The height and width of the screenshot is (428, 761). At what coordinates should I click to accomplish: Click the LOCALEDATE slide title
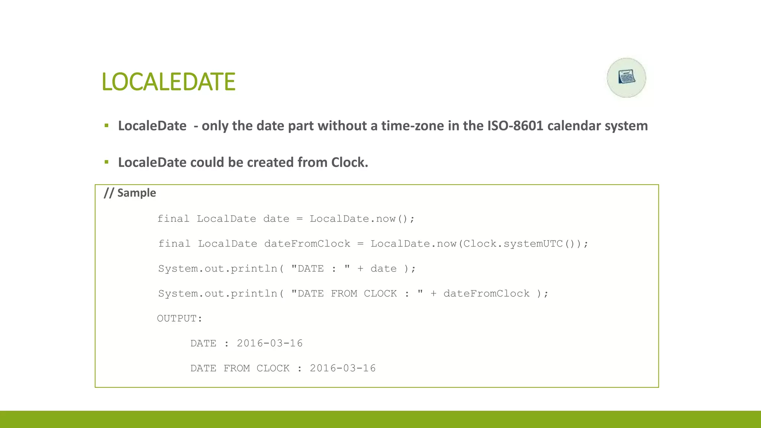[168, 82]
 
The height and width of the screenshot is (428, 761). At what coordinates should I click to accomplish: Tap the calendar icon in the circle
[626, 78]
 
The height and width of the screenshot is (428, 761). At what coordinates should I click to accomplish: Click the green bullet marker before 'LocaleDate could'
[107, 162]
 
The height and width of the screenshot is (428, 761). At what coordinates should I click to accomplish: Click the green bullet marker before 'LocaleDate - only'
[107, 126]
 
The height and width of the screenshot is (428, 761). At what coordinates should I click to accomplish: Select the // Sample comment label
[130, 193]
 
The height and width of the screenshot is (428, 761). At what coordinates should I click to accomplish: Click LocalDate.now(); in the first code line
[362, 219]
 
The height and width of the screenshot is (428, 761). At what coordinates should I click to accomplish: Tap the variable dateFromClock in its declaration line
[307, 244]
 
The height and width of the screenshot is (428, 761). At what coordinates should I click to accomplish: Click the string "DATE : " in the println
[320, 269]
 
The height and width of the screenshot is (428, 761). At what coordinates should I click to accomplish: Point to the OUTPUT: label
[179, 318]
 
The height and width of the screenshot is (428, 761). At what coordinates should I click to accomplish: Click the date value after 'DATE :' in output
[270, 343]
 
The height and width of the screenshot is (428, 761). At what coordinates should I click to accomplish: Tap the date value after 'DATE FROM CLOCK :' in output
[343, 368]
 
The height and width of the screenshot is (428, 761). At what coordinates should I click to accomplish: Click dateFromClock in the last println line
[486, 294]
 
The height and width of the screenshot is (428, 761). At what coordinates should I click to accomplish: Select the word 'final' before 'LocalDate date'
[173, 219]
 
